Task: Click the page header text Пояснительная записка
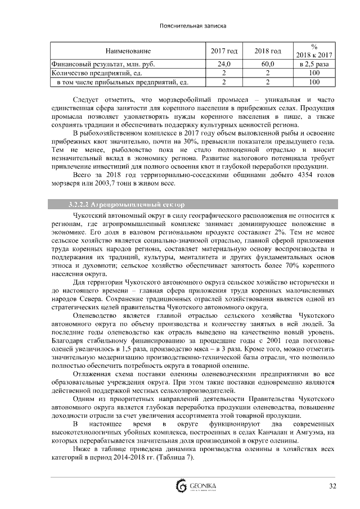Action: (179, 26)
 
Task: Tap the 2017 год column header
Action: (224, 51)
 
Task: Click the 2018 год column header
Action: (268, 51)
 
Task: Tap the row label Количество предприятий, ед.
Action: (91, 73)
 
